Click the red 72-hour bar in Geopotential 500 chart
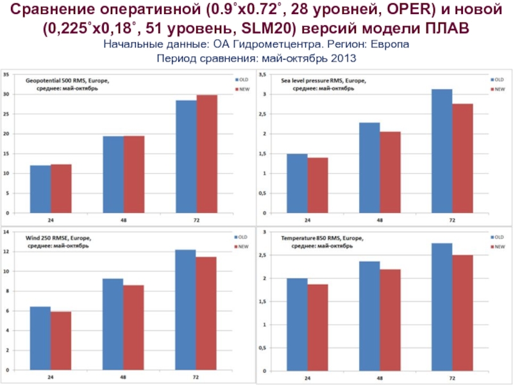point(206,154)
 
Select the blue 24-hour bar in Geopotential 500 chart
point(40,189)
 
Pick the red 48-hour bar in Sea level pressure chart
point(390,172)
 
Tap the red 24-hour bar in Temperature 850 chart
point(318,327)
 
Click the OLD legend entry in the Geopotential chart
point(242,80)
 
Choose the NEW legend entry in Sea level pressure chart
point(498,89)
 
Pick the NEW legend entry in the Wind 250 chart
point(242,246)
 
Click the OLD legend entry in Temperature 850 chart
point(498,236)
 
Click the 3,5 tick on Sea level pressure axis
point(262,75)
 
